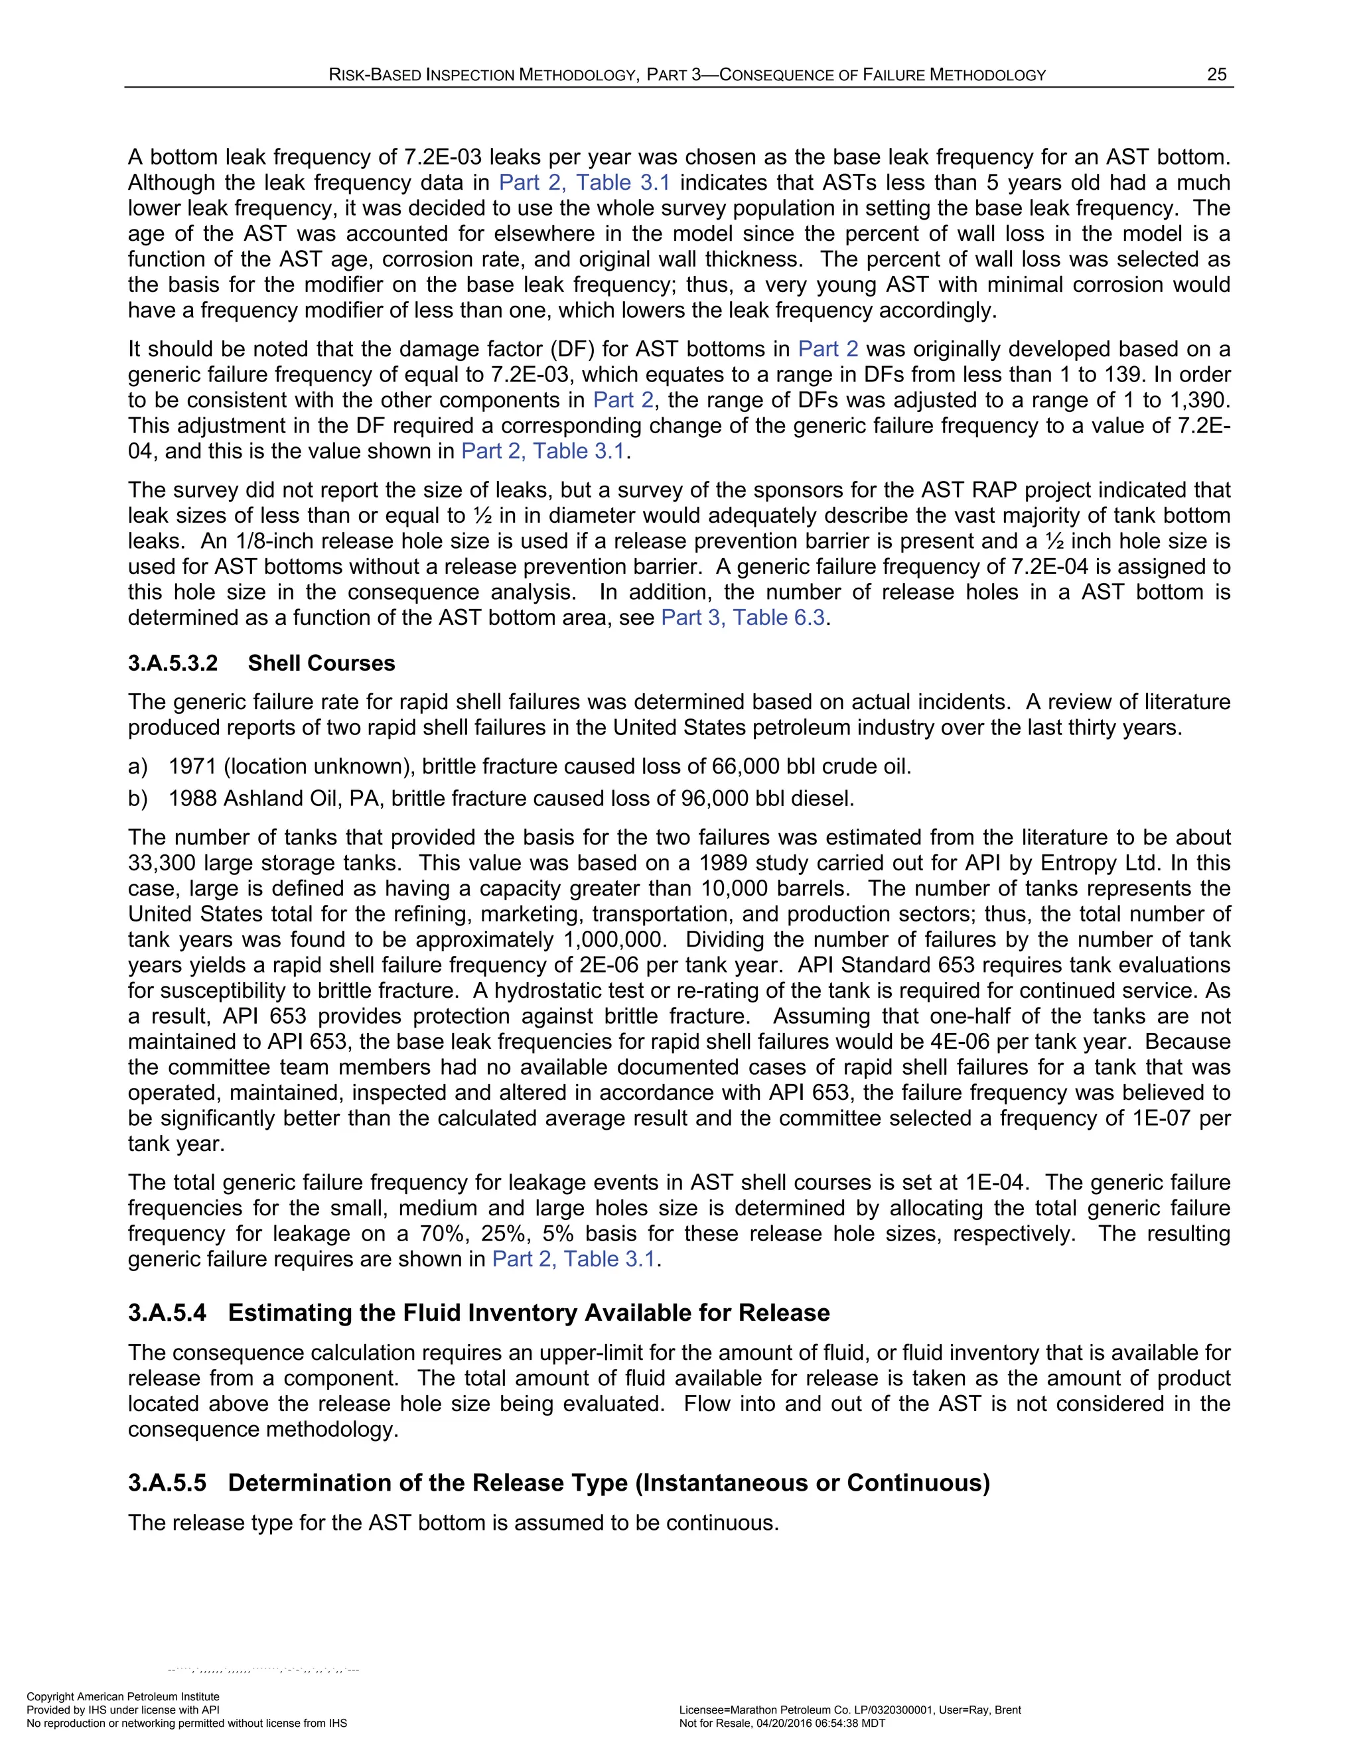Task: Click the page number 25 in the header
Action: [x=1216, y=75]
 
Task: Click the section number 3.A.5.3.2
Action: [x=173, y=663]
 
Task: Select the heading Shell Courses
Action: [x=321, y=663]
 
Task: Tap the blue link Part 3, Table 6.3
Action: [x=743, y=618]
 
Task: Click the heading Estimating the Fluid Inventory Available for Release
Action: [x=528, y=1313]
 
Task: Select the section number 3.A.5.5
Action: [x=167, y=1483]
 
